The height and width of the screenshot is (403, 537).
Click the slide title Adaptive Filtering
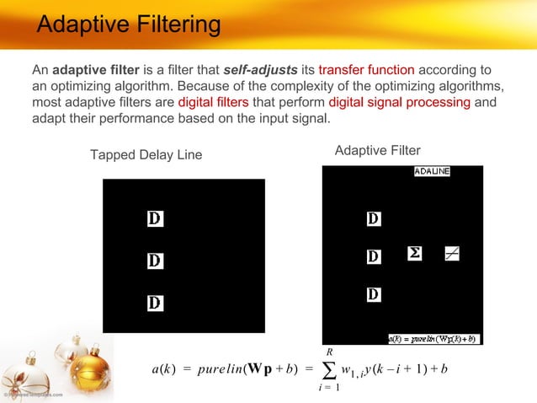click(129, 24)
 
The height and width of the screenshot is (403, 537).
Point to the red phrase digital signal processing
click(399, 103)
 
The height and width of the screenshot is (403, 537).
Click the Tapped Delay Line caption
click(146, 155)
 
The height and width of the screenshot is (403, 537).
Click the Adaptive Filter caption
click(377, 150)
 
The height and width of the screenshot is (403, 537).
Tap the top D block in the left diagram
click(155, 219)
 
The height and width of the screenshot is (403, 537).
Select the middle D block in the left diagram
click(155, 261)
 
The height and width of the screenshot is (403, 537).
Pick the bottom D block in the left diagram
click(155, 302)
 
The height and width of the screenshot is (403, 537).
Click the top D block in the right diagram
click(374, 219)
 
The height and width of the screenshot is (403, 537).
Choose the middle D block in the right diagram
click(374, 255)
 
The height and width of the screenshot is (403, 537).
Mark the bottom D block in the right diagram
click(374, 294)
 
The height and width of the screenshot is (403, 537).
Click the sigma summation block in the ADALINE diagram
click(414, 254)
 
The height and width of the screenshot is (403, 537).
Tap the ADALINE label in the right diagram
click(432, 171)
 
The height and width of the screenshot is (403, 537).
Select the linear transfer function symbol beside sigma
click(452, 254)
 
